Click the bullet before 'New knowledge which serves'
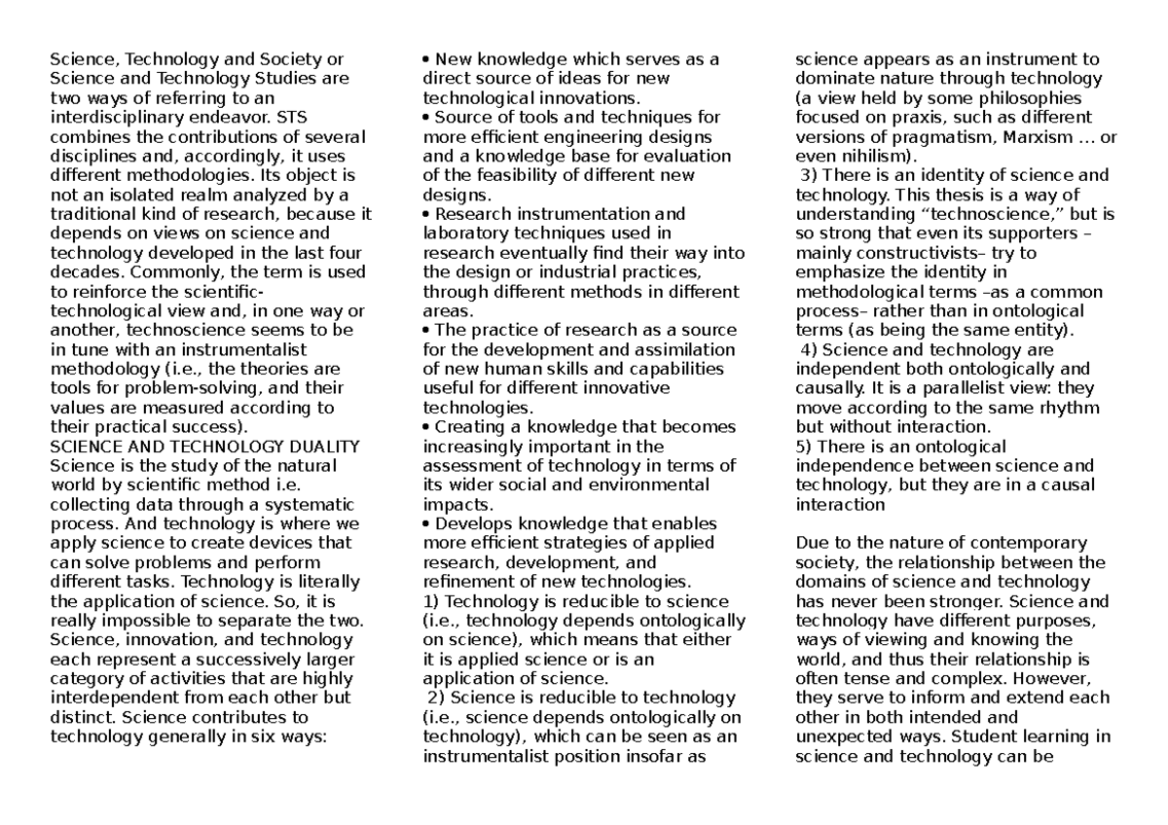point(426,60)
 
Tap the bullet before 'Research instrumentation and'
point(426,214)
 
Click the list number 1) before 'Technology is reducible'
point(432,600)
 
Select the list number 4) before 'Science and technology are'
point(808,350)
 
